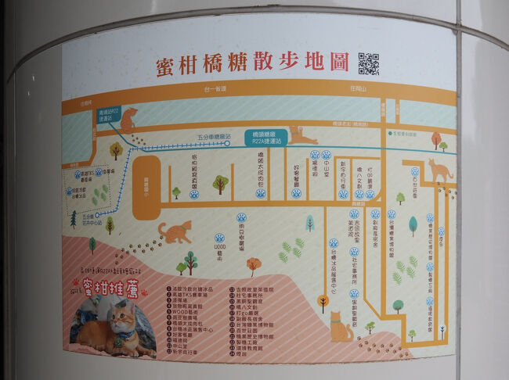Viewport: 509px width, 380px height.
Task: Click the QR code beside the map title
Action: tap(368, 63)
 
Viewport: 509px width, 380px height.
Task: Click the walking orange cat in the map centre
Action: tap(175, 231)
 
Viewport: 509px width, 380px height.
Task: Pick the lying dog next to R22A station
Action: tap(303, 134)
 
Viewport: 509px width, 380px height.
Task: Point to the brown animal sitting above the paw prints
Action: tap(128, 119)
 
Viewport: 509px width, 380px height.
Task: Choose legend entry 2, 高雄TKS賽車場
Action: tap(187, 292)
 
